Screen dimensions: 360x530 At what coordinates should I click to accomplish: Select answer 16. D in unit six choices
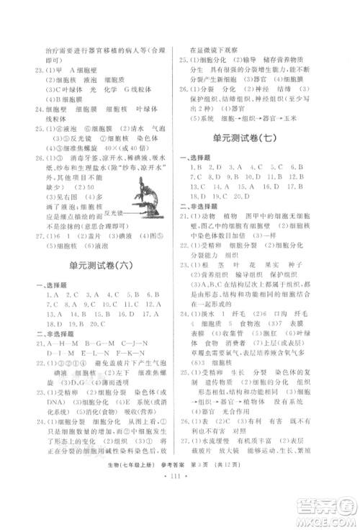tap(114, 315)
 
